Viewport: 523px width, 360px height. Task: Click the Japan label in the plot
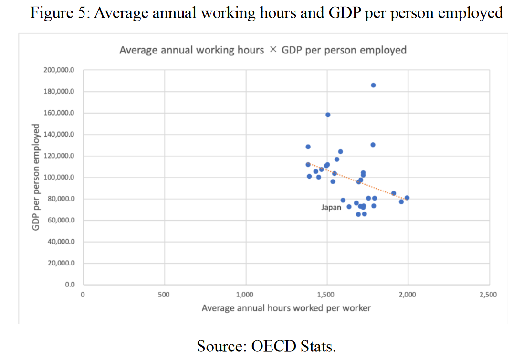[x=331, y=207]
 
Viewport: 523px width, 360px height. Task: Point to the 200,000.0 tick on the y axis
[x=60, y=70]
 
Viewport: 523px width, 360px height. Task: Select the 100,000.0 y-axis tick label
[x=60, y=178]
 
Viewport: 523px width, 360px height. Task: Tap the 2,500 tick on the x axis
[x=488, y=295]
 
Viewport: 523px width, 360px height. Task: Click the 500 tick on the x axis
[x=164, y=295]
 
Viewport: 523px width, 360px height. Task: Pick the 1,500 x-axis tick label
[x=326, y=295]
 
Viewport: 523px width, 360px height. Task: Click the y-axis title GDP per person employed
[x=35, y=177]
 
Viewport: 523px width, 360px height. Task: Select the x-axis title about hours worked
[x=286, y=308]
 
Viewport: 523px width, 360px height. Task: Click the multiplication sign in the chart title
[x=272, y=50]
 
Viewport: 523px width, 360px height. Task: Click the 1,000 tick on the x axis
[x=245, y=295]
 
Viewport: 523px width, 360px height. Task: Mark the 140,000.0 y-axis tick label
[x=60, y=135]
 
